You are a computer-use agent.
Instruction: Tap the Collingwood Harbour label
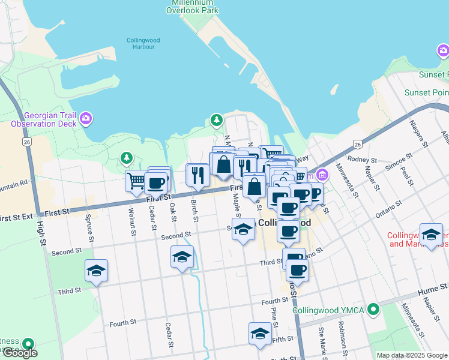coord(140,43)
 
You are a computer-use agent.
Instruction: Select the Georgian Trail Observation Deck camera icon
coord(86,118)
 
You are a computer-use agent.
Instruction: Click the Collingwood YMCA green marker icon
coord(374,310)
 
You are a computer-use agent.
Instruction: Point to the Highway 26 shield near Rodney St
coord(358,144)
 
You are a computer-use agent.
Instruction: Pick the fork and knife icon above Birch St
coord(197,175)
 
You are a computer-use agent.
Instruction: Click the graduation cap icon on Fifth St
coord(260,333)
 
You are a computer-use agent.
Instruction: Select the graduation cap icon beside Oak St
coord(182,257)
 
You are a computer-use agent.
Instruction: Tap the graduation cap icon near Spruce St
coord(96,271)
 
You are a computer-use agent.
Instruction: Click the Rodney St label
coord(362,160)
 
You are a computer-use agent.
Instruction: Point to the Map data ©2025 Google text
coord(412,355)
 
